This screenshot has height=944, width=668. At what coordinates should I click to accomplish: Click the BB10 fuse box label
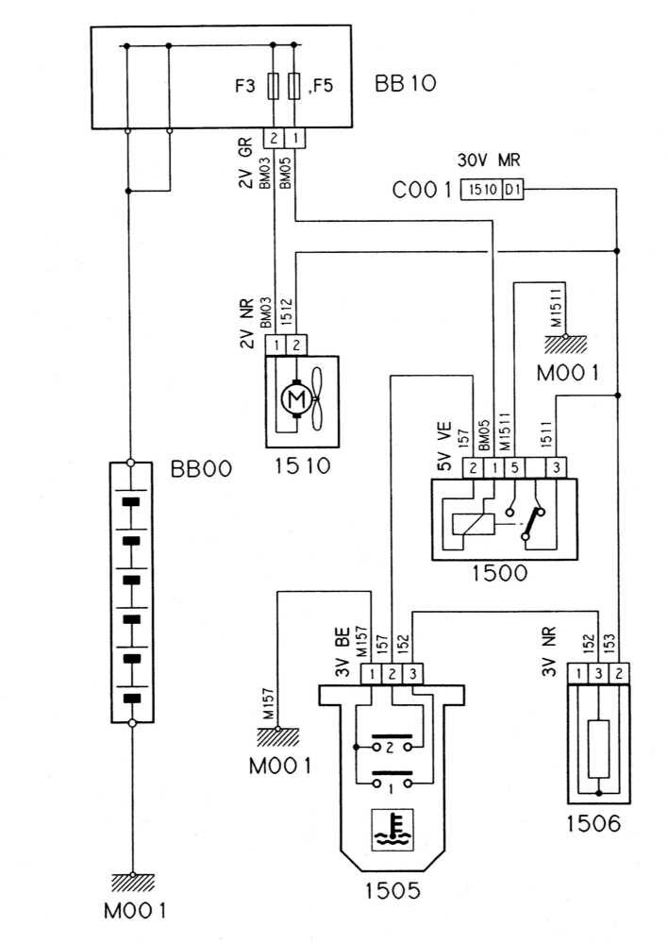click(x=406, y=86)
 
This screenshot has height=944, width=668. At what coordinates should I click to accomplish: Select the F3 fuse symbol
click(x=274, y=86)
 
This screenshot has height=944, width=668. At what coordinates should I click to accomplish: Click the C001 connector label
click(x=423, y=192)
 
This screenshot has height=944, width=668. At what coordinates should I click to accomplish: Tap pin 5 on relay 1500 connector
click(x=514, y=466)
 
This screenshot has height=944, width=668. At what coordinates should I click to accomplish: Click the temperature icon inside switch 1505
click(x=392, y=829)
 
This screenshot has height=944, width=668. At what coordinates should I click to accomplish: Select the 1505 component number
click(x=392, y=888)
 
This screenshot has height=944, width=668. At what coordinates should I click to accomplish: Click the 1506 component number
click(x=594, y=824)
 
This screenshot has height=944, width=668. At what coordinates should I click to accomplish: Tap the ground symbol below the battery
click(x=132, y=882)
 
